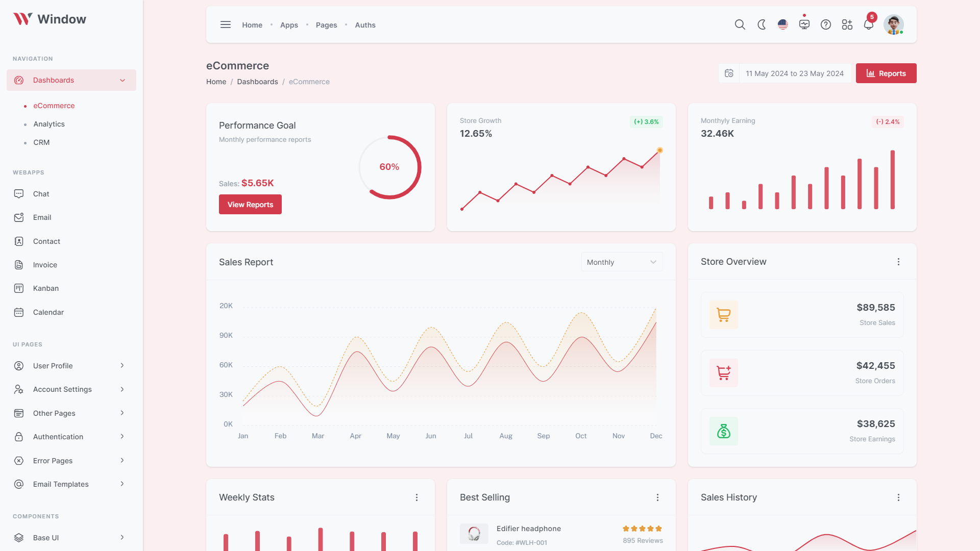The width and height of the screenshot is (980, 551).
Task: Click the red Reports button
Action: [x=886, y=73]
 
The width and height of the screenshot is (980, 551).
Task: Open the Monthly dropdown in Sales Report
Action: [x=622, y=262]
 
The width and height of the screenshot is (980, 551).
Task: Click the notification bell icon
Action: [x=868, y=24]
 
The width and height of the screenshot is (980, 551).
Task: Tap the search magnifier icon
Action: [x=740, y=24]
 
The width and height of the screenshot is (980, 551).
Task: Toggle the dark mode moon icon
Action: [x=762, y=24]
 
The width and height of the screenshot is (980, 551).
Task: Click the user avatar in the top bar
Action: [x=893, y=24]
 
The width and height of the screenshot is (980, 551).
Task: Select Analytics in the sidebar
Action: [x=49, y=124]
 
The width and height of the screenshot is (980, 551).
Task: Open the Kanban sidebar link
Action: [x=46, y=288]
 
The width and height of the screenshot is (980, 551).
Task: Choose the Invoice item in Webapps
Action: [x=45, y=265]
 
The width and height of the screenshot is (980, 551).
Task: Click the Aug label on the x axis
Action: [x=506, y=436]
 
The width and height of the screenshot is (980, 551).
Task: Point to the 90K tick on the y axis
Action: [x=226, y=335]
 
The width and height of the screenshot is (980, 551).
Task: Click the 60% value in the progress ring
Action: [x=389, y=167]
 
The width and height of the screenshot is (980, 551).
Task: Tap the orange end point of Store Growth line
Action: [x=660, y=151]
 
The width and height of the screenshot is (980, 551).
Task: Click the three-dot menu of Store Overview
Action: [x=898, y=262]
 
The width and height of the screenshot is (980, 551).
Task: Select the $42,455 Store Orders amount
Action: [x=875, y=366]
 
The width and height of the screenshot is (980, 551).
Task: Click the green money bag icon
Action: [x=724, y=431]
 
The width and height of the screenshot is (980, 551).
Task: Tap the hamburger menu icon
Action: [x=226, y=24]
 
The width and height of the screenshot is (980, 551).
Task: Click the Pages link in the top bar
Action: [x=326, y=25]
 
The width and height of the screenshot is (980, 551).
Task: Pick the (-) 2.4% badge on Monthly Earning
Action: [x=888, y=122]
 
